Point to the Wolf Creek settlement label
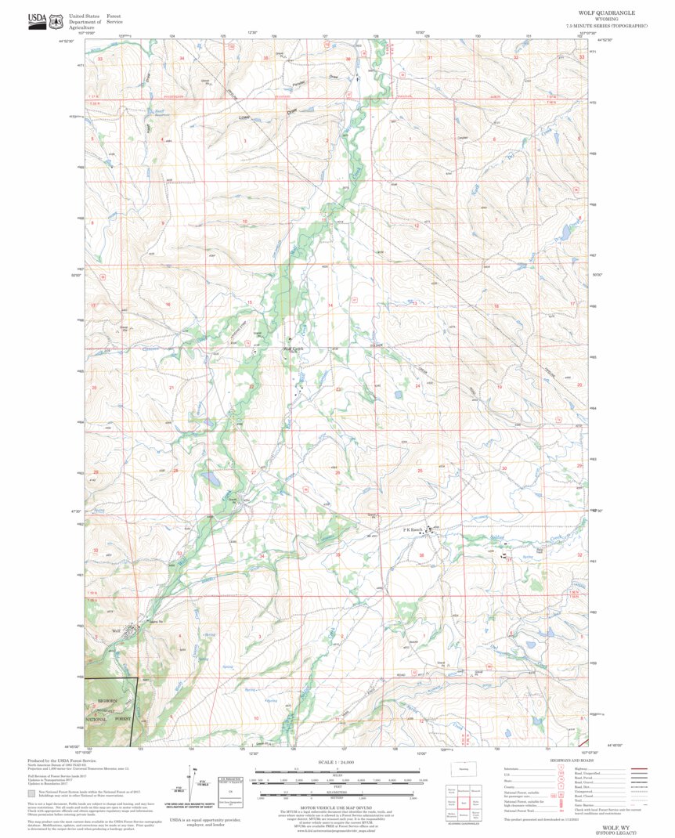[x=292, y=349]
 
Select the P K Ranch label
[x=413, y=530]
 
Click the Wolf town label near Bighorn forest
[x=116, y=631]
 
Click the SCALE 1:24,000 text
[x=337, y=762]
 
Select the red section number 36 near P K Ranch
[x=422, y=555]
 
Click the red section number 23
[x=338, y=388]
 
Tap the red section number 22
[x=251, y=387]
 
